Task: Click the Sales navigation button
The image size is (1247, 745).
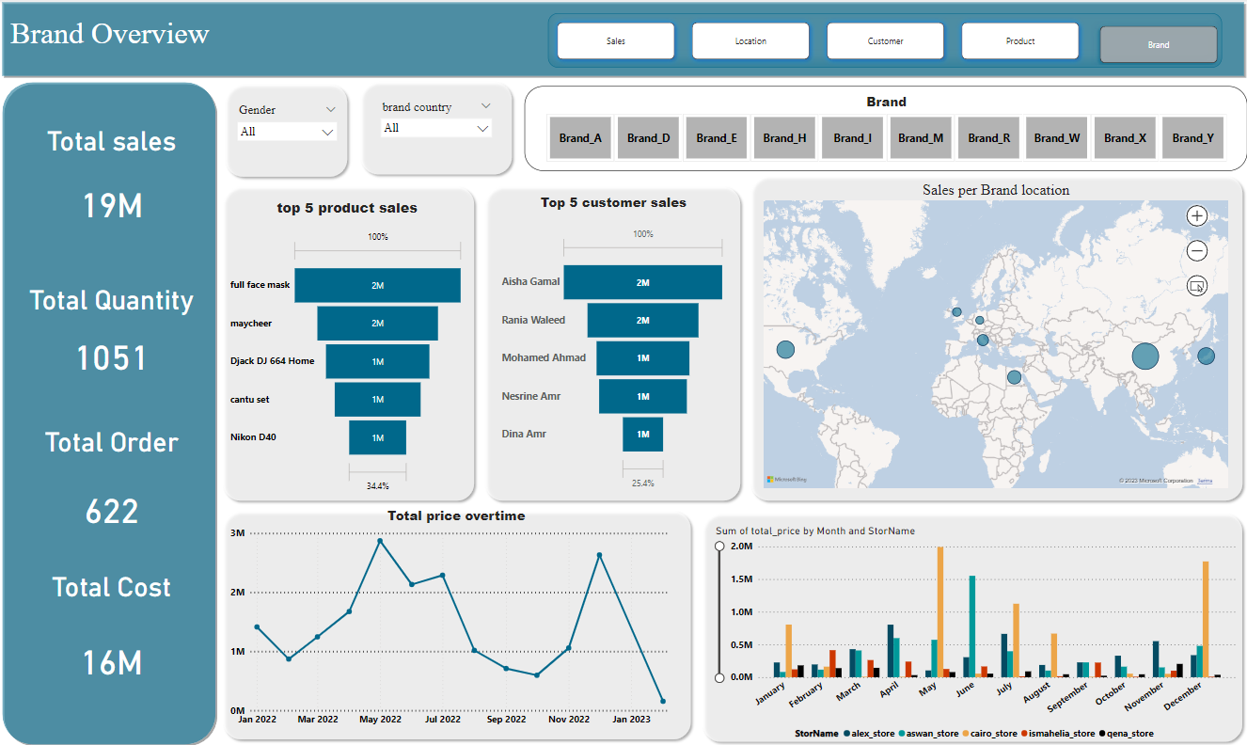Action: tap(616, 41)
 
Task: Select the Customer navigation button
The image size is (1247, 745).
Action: tap(885, 41)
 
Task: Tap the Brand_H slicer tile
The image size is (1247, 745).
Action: tap(784, 137)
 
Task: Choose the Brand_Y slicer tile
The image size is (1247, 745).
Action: tap(1192, 137)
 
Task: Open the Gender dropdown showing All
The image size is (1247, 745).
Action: tap(287, 133)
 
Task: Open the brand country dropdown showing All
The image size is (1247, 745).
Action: tap(436, 128)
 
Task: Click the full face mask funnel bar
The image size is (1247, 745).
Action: tap(377, 285)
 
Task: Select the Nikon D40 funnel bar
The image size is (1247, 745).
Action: tap(377, 437)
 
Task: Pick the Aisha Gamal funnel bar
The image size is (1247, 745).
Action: tap(642, 282)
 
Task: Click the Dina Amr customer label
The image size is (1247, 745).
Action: tap(524, 434)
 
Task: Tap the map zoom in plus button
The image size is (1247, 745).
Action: tap(1197, 215)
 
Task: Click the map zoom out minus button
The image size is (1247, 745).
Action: tap(1197, 251)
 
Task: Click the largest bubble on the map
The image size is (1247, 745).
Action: tap(1144, 357)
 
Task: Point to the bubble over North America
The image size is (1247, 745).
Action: tap(785, 350)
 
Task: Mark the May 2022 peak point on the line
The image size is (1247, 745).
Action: tap(380, 541)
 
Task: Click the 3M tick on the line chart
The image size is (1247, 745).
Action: tap(237, 533)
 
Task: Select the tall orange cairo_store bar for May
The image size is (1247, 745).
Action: tap(939, 611)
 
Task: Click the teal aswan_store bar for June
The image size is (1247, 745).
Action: tap(971, 626)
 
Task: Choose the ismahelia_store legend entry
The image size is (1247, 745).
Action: tap(1061, 733)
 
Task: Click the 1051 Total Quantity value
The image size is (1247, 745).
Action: tap(112, 358)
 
